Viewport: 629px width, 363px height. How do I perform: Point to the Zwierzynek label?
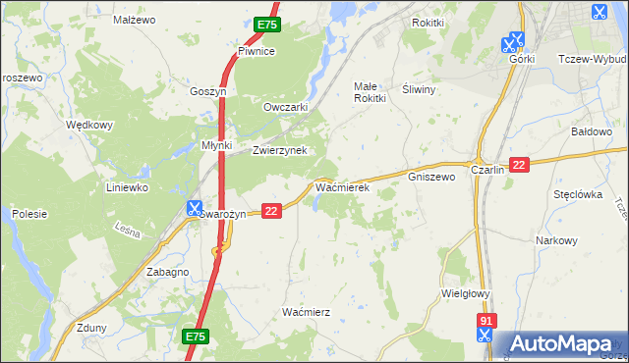[280, 150]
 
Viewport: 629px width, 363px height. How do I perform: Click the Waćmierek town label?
[341, 185]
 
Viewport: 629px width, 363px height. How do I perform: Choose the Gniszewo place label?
[431, 177]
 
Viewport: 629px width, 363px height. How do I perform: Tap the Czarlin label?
[487, 169]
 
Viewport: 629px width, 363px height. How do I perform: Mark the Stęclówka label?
[577, 194]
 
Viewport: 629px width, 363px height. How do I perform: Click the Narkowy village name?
[555, 240]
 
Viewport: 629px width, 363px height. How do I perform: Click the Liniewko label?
[127, 186]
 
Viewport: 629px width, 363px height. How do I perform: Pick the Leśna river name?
[128, 233]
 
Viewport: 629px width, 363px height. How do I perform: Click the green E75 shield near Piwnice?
[265, 24]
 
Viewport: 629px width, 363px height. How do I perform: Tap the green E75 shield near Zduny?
[195, 337]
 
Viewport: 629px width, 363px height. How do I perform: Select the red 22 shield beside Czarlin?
[520, 165]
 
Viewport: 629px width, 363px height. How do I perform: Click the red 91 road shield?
[486, 320]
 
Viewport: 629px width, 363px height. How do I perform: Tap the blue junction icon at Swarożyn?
[195, 208]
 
